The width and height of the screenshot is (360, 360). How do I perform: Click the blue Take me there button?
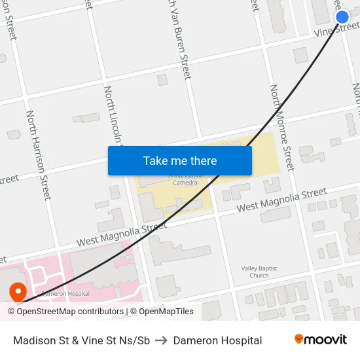pos(180,160)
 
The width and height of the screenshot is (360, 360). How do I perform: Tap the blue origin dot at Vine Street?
pos(342,17)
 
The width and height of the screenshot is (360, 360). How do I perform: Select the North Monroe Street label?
pos(282,128)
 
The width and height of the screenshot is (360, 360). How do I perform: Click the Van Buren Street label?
pos(179,39)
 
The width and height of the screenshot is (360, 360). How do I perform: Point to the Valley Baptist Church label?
pos(259,272)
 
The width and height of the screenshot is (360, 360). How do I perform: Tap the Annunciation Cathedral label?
pos(173,180)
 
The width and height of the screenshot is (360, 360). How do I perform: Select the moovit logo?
pos(320,340)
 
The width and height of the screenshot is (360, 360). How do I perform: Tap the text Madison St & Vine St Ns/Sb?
pos(82,340)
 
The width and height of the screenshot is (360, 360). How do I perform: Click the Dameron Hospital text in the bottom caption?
pos(217,340)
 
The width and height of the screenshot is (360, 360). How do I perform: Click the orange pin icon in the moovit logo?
pos(299,339)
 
